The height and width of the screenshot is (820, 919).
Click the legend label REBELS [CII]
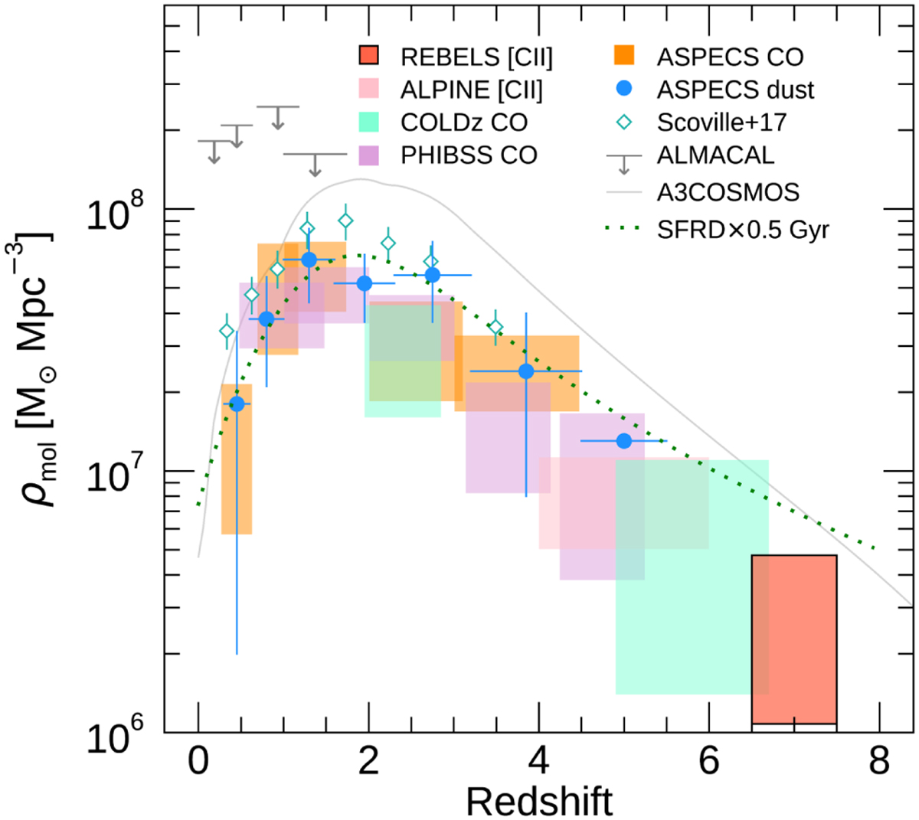(476, 57)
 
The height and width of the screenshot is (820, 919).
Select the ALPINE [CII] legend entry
(471, 90)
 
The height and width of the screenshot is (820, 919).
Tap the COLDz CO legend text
(464, 123)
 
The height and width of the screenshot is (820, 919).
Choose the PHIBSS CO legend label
(469, 155)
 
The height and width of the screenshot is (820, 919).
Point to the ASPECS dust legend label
(735, 90)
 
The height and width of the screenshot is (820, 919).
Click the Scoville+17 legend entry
(721, 123)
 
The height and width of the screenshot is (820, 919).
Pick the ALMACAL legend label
(715, 155)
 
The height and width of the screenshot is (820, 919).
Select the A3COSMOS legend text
(728, 191)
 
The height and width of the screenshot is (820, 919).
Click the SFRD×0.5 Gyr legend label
(743, 229)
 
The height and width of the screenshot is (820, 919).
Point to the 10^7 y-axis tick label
(115, 475)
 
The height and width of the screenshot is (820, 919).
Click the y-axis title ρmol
(36, 368)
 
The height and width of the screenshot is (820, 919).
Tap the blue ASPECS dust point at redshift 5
(623, 441)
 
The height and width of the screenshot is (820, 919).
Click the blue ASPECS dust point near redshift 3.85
(526, 371)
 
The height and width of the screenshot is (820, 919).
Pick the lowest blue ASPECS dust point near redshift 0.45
(237, 403)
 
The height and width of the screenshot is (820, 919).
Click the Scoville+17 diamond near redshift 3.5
(495, 328)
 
